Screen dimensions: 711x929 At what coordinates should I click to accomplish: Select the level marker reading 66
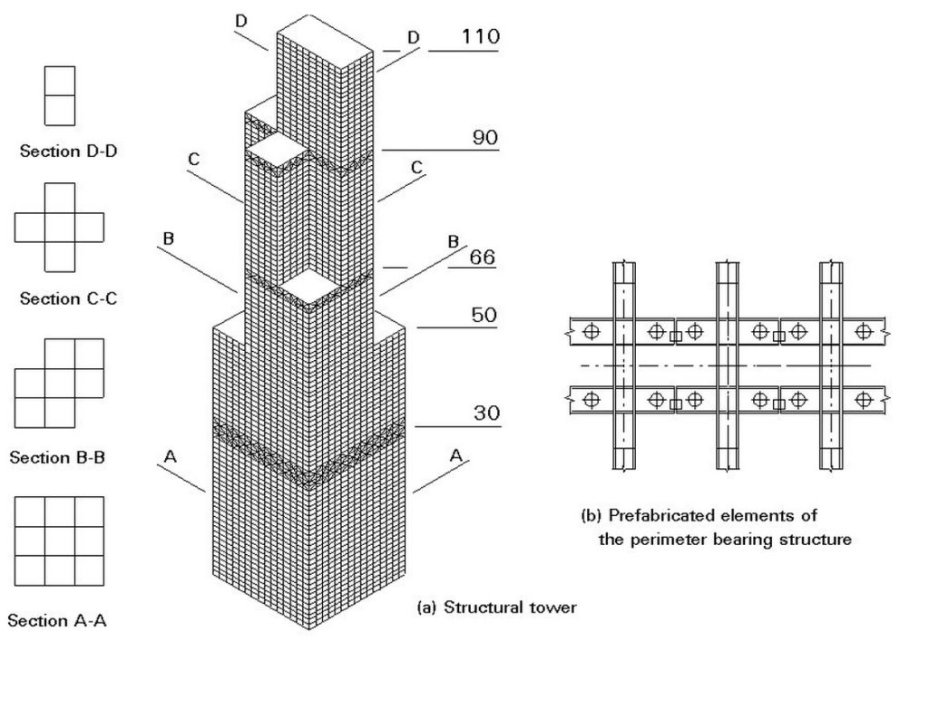481,258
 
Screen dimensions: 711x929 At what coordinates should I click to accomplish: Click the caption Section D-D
68,151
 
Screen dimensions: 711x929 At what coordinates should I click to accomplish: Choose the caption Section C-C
68,298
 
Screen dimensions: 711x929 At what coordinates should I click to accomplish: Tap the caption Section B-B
57,457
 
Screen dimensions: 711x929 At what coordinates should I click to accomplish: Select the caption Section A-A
57,621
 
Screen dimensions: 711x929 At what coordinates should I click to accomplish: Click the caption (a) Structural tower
496,608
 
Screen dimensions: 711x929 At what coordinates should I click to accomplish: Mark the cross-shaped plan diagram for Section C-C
59,227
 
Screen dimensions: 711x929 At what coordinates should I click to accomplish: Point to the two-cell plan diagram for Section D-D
59,95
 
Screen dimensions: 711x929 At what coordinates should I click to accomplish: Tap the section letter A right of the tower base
456,454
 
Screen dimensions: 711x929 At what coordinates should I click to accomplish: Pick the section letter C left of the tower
193,160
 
